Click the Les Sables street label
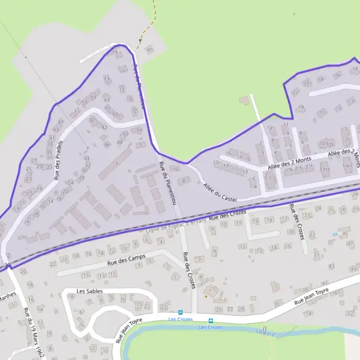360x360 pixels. tap(89, 291)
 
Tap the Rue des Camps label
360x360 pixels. tap(120, 262)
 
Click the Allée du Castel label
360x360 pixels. tap(220, 193)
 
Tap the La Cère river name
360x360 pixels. tap(265, 332)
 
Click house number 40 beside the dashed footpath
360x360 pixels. tap(149, 49)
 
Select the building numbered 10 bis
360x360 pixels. tap(326, 144)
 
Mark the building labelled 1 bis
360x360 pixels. tap(346, 166)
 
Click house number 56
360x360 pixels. tap(140, 130)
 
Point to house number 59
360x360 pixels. tap(93, 97)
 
